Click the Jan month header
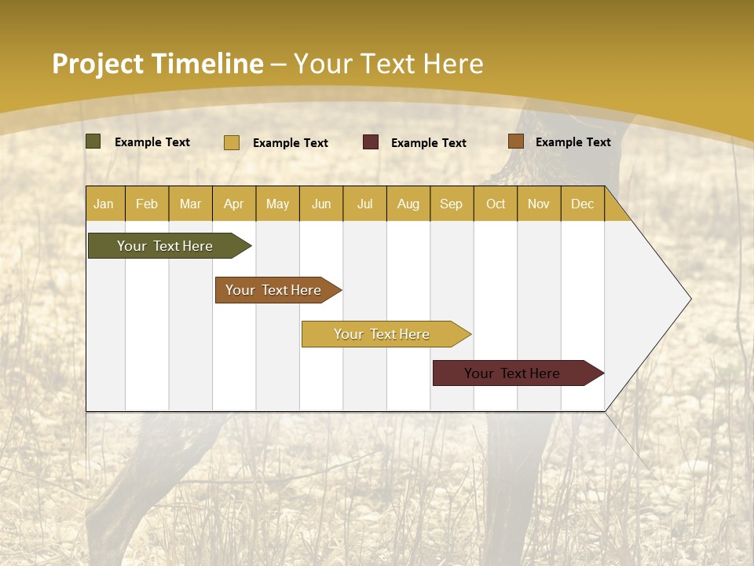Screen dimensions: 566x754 pyautogui.click(x=104, y=204)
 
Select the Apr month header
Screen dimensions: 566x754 pyautogui.click(x=233, y=204)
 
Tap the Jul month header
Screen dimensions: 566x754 pyautogui.click(x=364, y=204)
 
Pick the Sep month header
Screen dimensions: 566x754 pyautogui.click(x=451, y=204)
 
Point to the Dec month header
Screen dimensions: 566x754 pyautogui.click(x=582, y=204)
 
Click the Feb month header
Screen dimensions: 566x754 pyautogui.click(x=147, y=204)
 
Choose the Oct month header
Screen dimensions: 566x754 pyautogui.click(x=496, y=204)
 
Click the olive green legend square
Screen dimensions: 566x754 pyautogui.click(x=93, y=141)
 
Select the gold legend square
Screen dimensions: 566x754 pyautogui.click(x=232, y=142)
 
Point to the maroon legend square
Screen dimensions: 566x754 pyautogui.click(x=371, y=142)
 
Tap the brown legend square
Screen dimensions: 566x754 pyautogui.click(x=515, y=141)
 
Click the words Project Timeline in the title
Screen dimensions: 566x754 pyautogui.click(x=158, y=64)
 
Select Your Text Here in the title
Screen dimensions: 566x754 pyautogui.click(x=388, y=64)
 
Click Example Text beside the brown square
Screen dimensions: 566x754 pyautogui.click(x=573, y=142)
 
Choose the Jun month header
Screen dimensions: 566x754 pyautogui.click(x=321, y=204)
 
